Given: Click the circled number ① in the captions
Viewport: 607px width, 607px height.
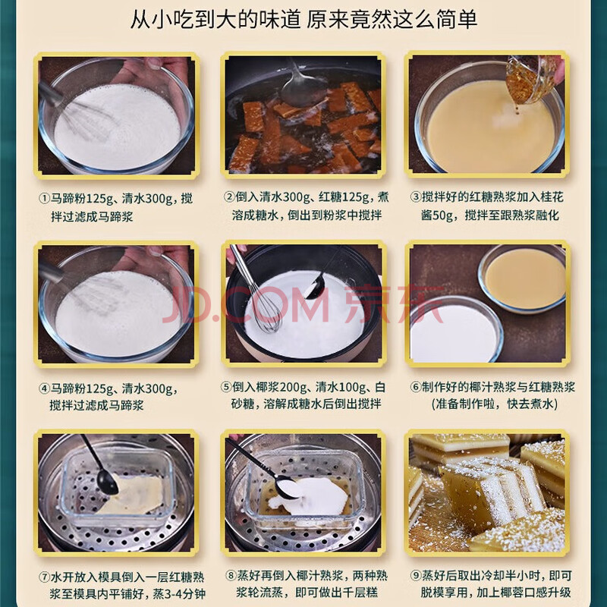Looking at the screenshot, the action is click(44, 199).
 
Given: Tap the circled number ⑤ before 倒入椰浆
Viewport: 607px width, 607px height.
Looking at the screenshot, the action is click(225, 387).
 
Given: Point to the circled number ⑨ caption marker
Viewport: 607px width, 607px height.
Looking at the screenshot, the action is click(416, 576).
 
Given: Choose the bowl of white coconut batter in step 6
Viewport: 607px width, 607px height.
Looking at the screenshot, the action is click(457, 330).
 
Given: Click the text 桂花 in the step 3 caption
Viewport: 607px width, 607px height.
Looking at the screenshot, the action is click(552, 197).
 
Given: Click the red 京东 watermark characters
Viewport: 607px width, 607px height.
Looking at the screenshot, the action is click(393, 305).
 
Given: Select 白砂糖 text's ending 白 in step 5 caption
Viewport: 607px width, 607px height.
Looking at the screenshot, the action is click(380, 387).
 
